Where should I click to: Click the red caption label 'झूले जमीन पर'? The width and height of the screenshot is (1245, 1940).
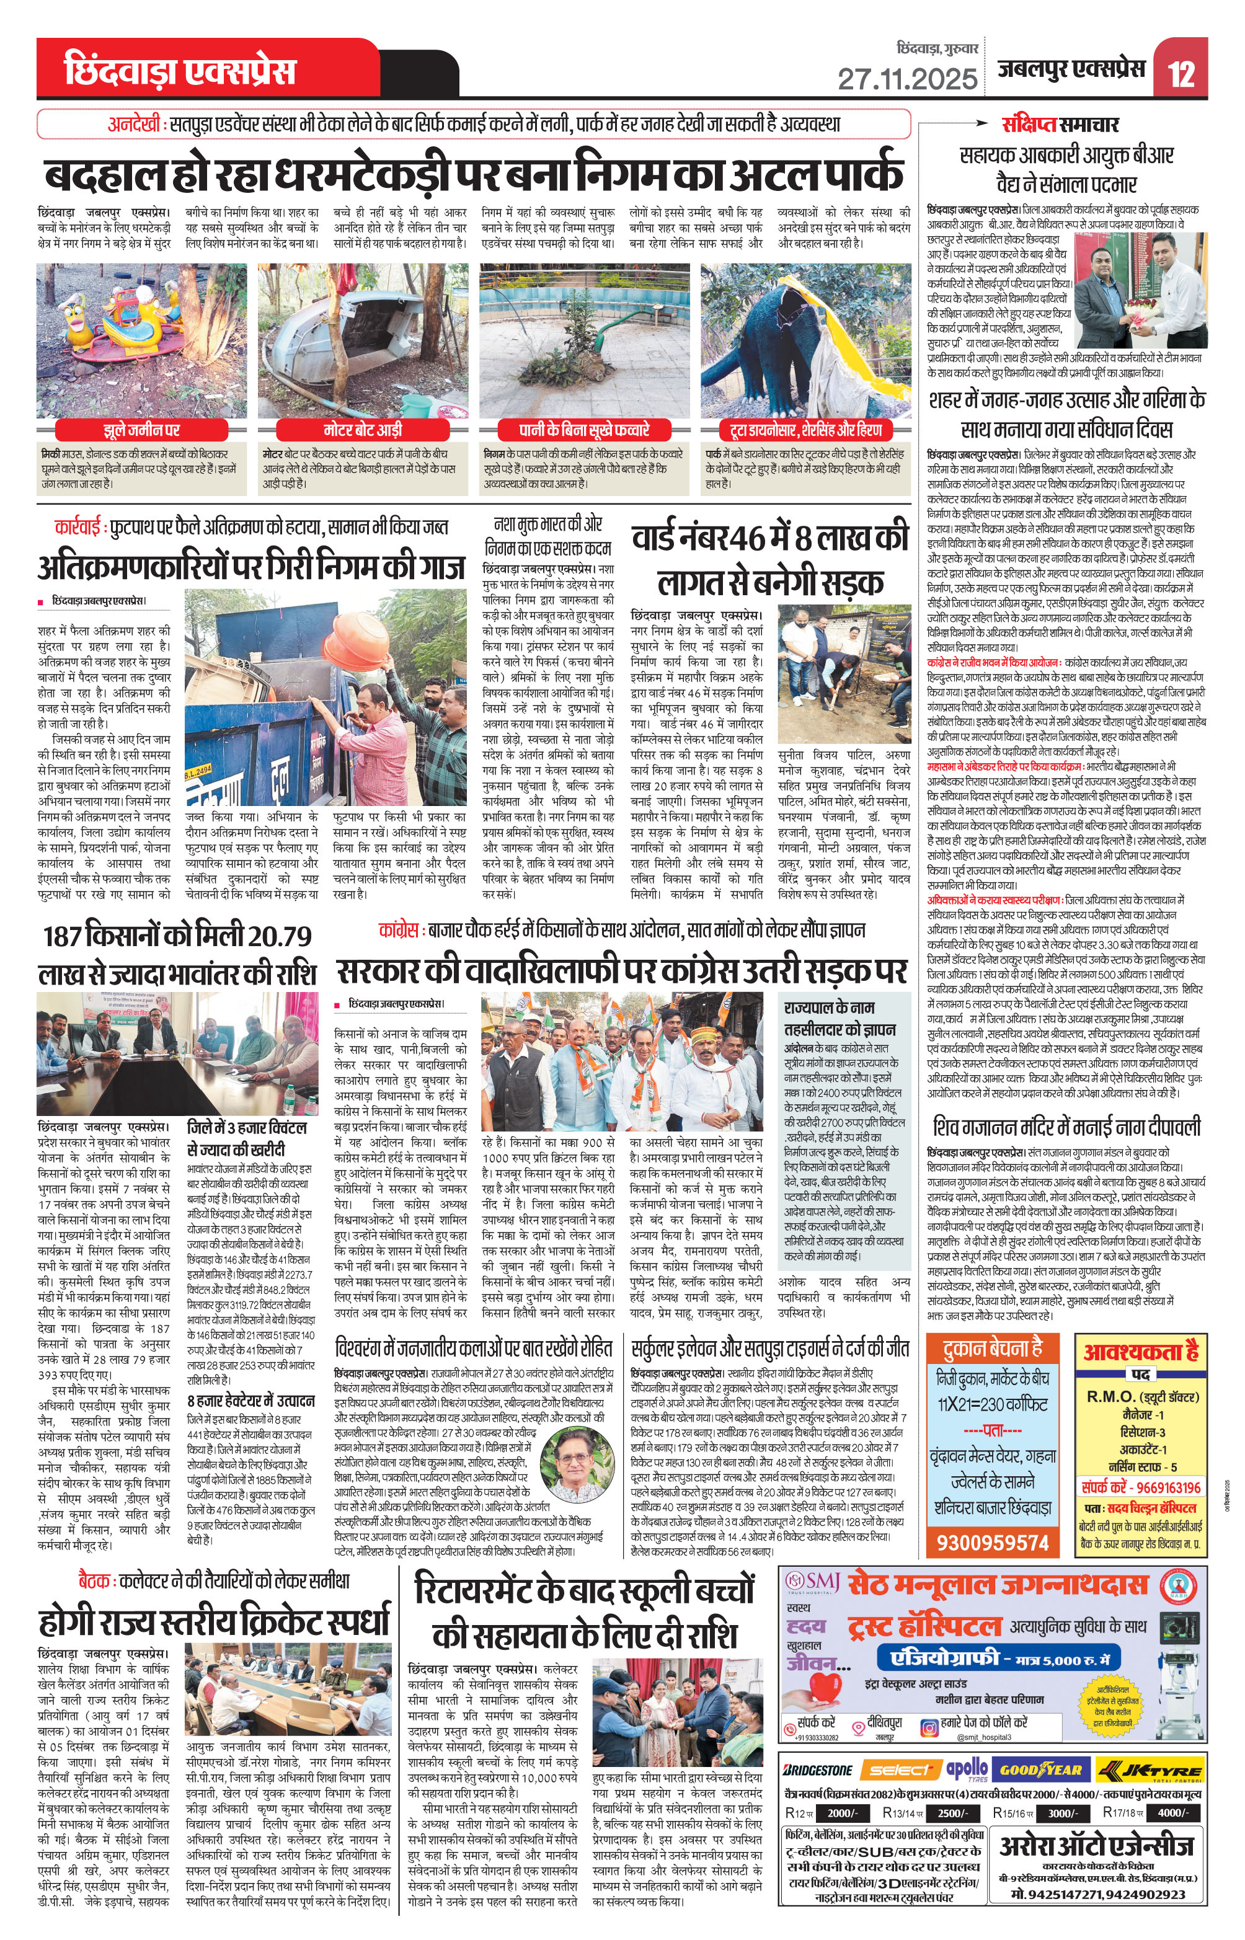(x=141, y=429)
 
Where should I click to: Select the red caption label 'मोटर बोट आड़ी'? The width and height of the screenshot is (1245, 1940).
(x=363, y=429)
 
